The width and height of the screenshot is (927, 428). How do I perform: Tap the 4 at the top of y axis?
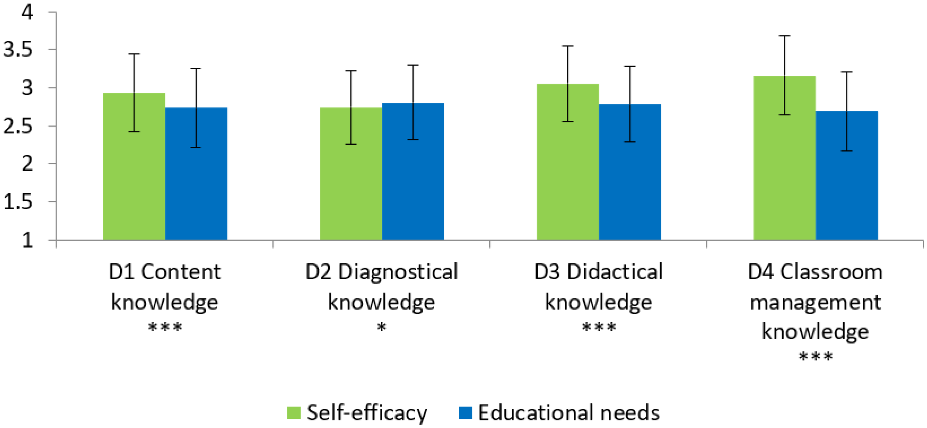pyautogui.click(x=27, y=12)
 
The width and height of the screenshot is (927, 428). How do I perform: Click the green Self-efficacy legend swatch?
pyautogui.click(x=293, y=413)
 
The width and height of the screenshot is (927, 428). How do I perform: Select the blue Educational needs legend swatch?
pyautogui.click(x=465, y=413)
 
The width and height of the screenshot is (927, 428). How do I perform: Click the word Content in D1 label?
pyautogui.click(x=181, y=272)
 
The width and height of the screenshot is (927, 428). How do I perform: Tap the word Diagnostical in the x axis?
pyautogui.click(x=398, y=272)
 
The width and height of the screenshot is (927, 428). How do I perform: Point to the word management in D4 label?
pyautogui.click(x=816, y=303)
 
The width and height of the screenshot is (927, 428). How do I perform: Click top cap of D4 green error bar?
pyautogui.click(x=784, y=36)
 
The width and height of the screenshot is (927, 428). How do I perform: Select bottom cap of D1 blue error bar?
pyautogui.click(x=196, y=147)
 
